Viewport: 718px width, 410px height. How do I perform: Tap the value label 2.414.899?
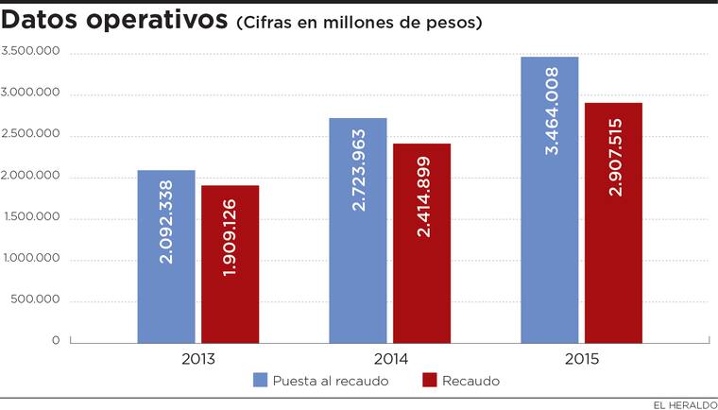422,195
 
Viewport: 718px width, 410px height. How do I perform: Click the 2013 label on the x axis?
197,359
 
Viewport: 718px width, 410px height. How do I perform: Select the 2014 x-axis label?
389,359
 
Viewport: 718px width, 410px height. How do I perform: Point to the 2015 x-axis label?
581,359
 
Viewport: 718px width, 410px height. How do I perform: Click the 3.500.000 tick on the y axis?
31,52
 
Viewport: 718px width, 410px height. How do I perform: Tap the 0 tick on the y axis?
57,341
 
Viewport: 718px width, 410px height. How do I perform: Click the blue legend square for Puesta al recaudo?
260,381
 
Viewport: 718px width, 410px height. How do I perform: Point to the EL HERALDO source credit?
681,402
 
